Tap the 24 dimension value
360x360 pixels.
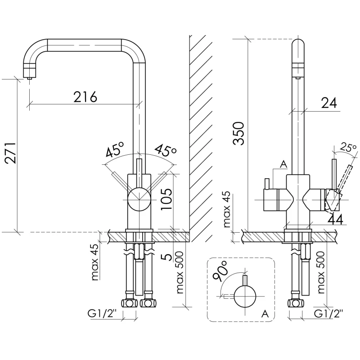[329, 103]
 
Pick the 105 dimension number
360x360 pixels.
[167, 198]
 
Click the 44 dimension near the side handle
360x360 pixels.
[336, 219]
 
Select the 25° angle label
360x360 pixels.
[348, 147]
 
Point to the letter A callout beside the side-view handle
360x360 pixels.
[283, 164]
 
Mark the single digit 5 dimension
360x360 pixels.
[166, 257]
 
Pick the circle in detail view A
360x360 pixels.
[245, 297]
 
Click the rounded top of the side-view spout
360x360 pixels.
[299, 45]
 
